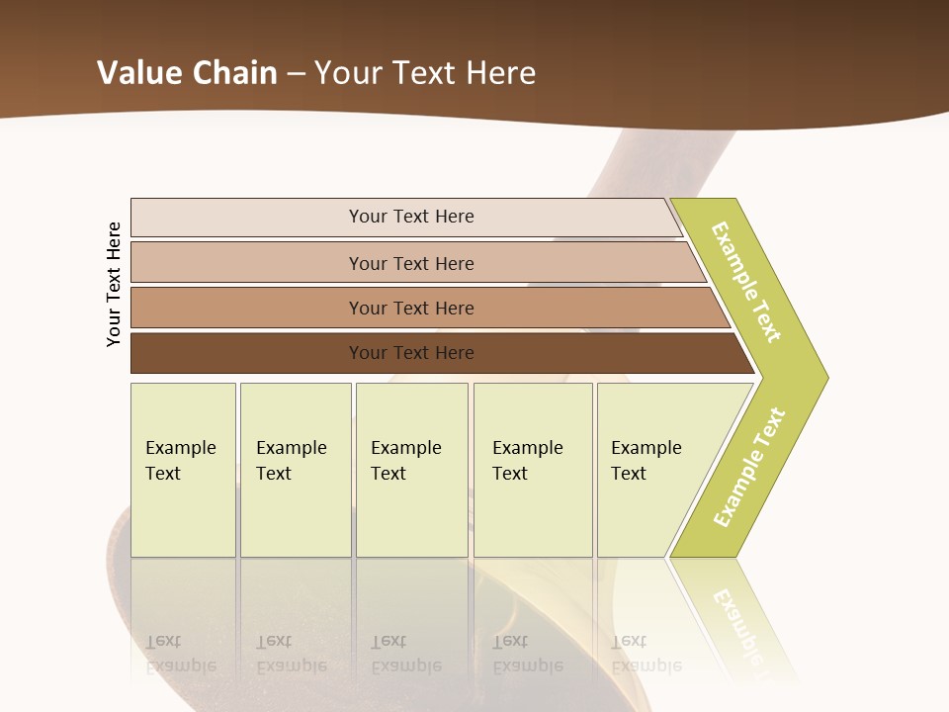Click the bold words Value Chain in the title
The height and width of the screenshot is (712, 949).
click(x=187, y=73)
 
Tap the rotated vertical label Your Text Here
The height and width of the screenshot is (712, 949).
click(x=114, y=284)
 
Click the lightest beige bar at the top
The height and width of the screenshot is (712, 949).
click(x=247, y=217)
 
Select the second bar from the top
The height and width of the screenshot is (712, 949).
click(x=247, y=263)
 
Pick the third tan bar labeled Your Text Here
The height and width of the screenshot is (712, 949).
click(x=247, y=308)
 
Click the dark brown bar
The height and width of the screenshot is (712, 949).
click(x=247, y=353)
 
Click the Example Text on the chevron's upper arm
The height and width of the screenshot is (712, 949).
click(x=746, y=282)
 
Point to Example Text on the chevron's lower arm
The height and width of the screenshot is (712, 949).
click(x=749, y=467)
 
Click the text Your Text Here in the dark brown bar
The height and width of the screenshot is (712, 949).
click(x=411, y=353)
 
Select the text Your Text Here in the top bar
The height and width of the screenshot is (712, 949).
click(x=411, y=217)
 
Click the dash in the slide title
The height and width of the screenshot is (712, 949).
click(x=296, y=74)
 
